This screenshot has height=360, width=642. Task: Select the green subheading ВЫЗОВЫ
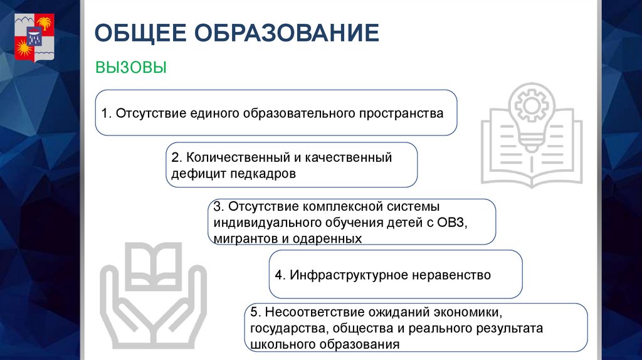coord(130,67)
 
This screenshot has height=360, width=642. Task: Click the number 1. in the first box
coord(106,114)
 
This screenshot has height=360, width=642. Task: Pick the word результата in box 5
coord(508,328)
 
